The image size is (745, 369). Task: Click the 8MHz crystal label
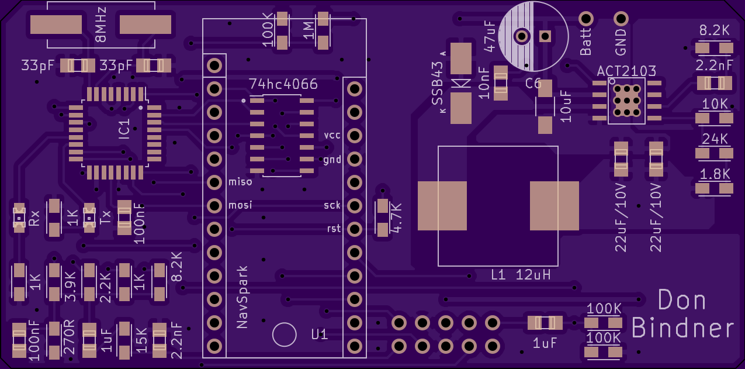click(x=101, y=25)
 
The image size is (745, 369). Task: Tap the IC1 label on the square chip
click(x=124, y=129)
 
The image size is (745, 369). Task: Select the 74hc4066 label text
click(x=283, y=84)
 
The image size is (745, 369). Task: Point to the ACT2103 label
click(x=626, y=71)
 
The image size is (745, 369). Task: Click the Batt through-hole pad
click(x=585, y=19)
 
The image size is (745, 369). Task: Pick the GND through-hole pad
click(x=621, y=19)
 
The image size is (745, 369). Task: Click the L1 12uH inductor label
click(x=521, y=275)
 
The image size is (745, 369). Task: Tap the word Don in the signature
click(x=682, y=300)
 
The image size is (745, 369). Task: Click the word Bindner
click(x=683, y=327)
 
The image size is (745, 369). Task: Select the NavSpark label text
click(x=242, y=297)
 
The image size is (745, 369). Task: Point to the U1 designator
click(x=319, y=334)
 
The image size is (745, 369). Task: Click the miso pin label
click(x=240, y=182)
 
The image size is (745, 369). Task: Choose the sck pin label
click(x=332, y=205)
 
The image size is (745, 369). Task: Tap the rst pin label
click(x=334, y=229)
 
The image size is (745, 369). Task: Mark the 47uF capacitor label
click(x=490, y=36)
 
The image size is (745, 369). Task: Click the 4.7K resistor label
click(x=396, y=218)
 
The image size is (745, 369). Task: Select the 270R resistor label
click(x=69, y=337)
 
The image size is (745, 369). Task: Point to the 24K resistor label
click(x=715, y=139)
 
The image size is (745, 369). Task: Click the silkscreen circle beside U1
click(x=273, y=334)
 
